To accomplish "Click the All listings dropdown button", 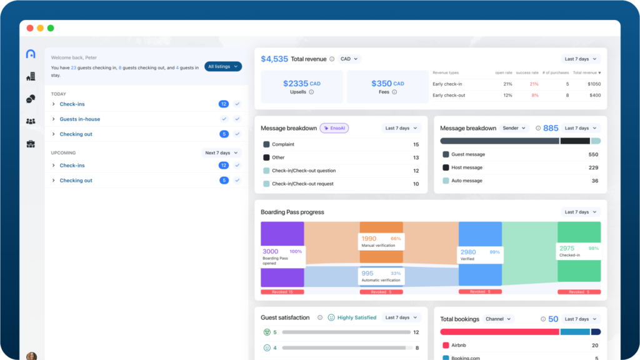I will pos(222,66).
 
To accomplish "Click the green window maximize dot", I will pos(51,28).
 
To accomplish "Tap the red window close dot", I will pos(30,28).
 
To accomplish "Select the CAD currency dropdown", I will pos(349,59).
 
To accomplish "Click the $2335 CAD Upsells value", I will pos(301,84).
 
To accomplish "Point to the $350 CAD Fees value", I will pos(387,84).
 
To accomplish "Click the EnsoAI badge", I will pos(334,128).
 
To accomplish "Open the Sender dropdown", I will pos(514,128).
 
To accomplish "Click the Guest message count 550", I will pos(593,154).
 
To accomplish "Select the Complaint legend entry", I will pos(282,144).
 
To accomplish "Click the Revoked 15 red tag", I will pos(282,292).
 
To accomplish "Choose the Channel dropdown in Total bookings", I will pos(498,319).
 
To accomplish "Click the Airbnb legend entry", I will pos(459,345).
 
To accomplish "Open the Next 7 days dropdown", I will pos(222,152).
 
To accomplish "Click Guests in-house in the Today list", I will pos(79,119).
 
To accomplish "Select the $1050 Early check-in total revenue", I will pos(594,84).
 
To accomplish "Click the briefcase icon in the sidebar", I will pos(31,144).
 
